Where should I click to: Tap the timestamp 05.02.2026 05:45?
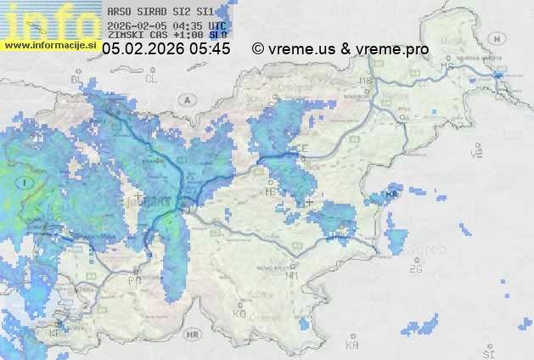166,49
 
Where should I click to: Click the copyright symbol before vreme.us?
258,49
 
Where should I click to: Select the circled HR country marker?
191,335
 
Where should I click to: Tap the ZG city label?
415,269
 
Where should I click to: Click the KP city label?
57,335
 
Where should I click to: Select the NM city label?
293,275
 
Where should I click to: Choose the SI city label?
487,352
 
